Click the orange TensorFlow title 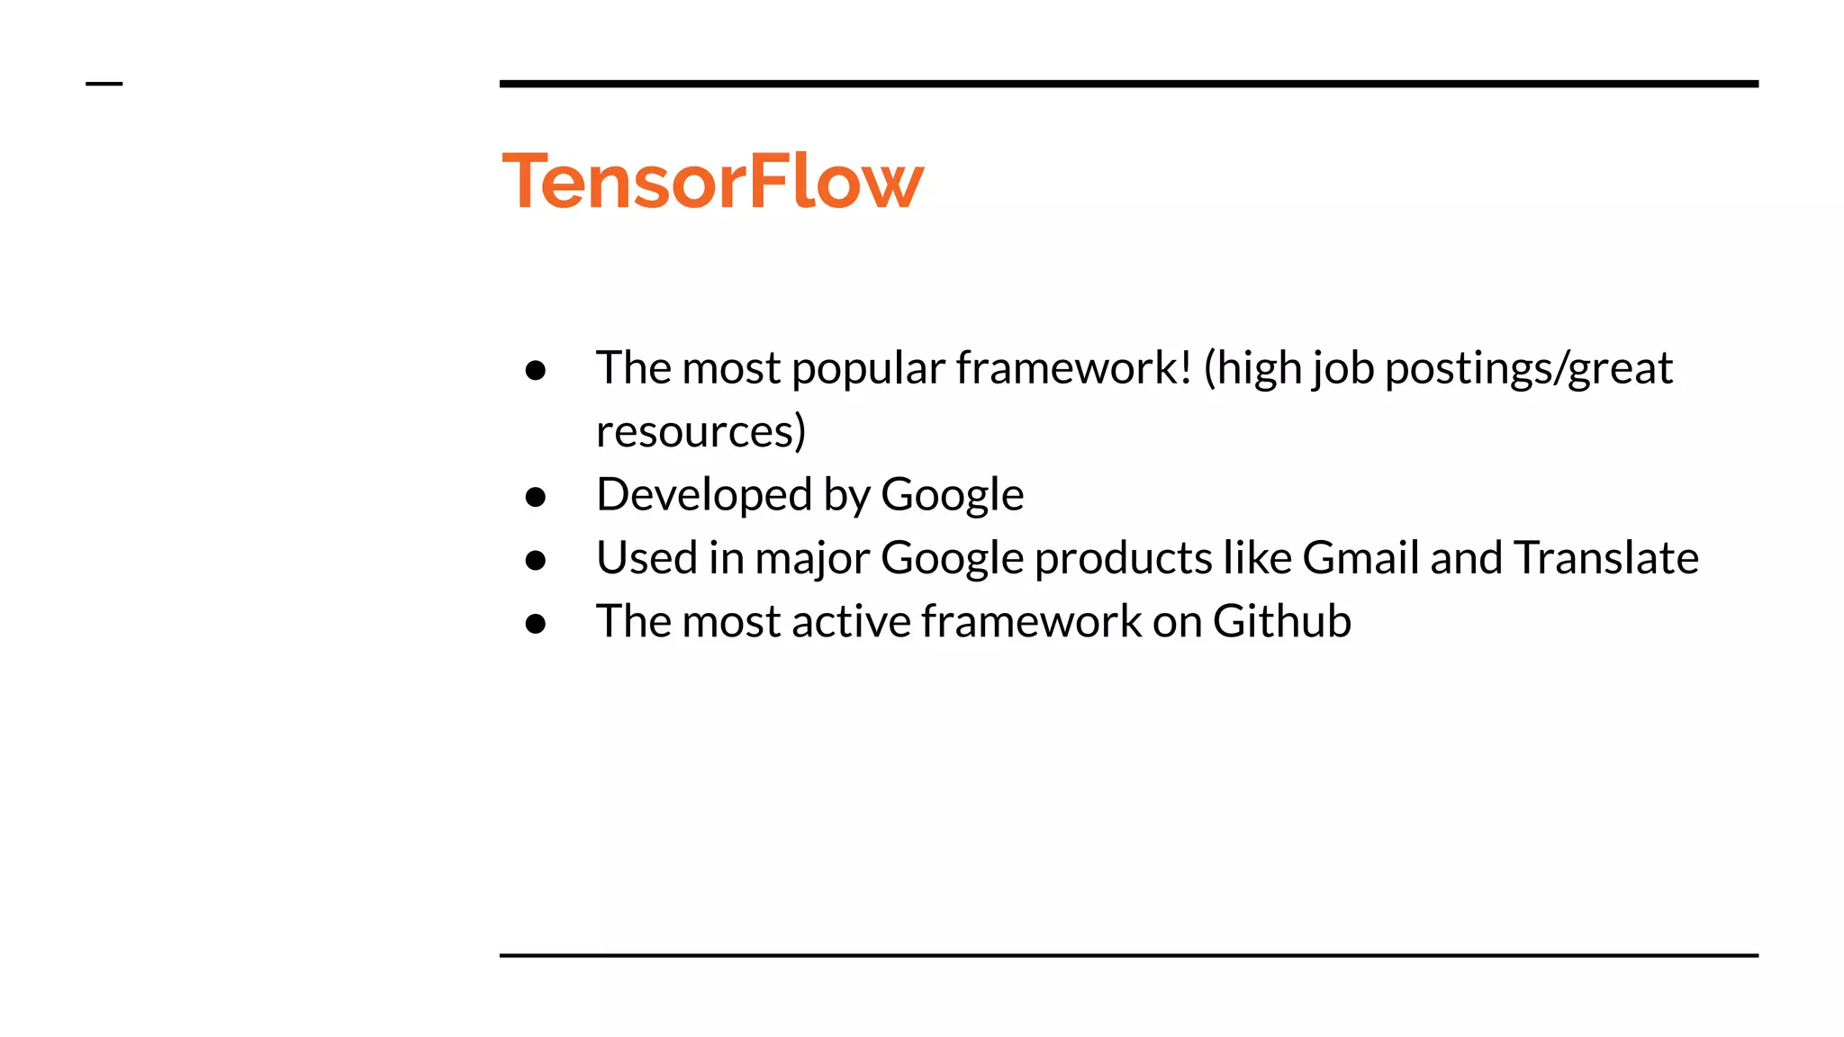(712, 181)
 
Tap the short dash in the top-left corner (104, 84)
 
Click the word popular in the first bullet (868, 368)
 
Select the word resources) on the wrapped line (701, 431)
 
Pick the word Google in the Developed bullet (952, 494)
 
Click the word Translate (1605, 557)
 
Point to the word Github (1281, 621)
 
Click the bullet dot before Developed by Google (536, 497)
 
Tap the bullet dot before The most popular (536, 370)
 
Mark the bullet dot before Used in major (536, 561)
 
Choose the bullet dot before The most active (536, 624)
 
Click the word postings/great (1528, 368)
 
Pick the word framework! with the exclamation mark (1073, 368)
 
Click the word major (811, 557)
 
